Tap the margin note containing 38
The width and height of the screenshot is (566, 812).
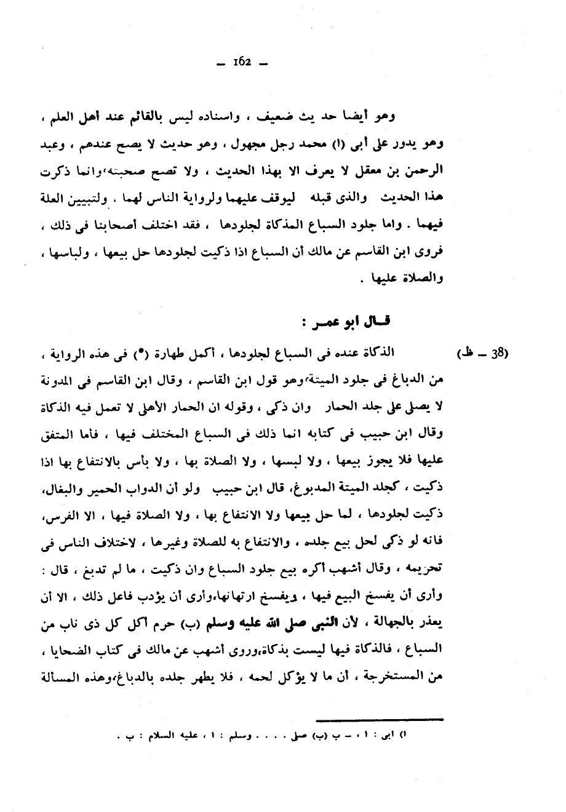click(x=485, y=354)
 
